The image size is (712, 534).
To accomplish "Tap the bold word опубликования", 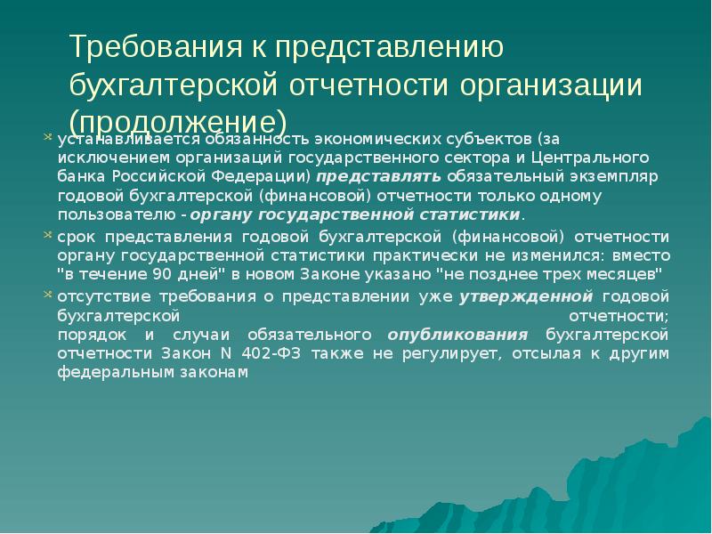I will pos(457,335).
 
